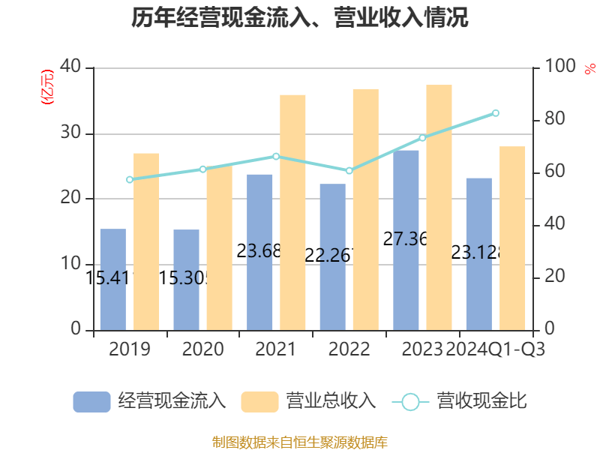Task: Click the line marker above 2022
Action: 349,171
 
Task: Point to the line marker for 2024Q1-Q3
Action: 496,113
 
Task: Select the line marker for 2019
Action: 129,179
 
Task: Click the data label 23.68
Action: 259,250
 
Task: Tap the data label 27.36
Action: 405,239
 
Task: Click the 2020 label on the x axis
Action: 202,349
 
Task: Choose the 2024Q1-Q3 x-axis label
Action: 495,349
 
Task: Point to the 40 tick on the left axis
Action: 71,67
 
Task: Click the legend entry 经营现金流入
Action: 150,401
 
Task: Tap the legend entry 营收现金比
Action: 460,401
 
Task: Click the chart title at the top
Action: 300,19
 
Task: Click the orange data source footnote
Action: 300,442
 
